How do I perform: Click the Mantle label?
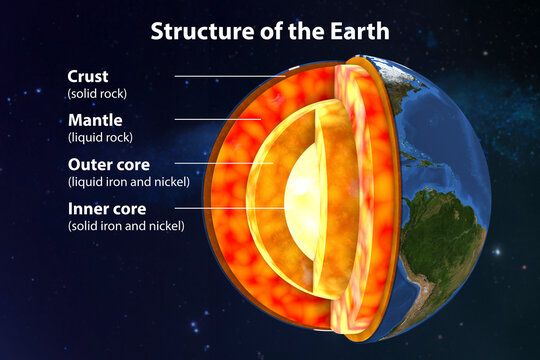coord(92,119)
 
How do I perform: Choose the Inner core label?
coord(105,208)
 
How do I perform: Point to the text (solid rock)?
coord(99,93)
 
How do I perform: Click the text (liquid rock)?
coord(99,137)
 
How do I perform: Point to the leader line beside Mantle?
coord(218,120)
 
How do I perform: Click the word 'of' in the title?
coord(257,30)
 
